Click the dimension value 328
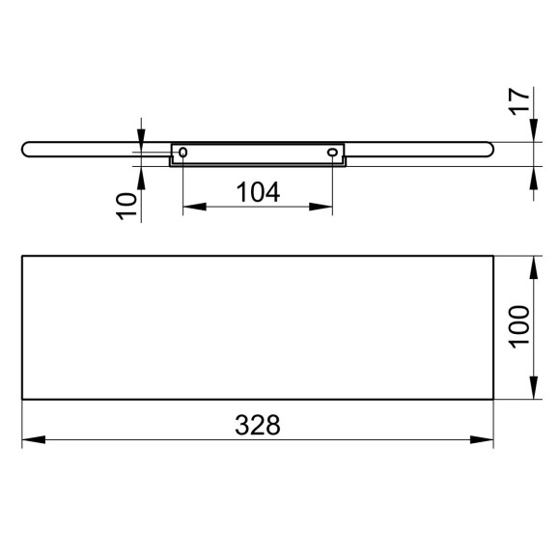point(258,425)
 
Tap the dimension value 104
point(258,192)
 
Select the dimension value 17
point(519,101)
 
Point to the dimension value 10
point(126,206)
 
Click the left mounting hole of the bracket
point(182,153)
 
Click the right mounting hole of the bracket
point(332,153)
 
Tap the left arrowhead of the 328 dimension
point(34,439)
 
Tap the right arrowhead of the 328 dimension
point(482,439)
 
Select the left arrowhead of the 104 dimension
point(195,207)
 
